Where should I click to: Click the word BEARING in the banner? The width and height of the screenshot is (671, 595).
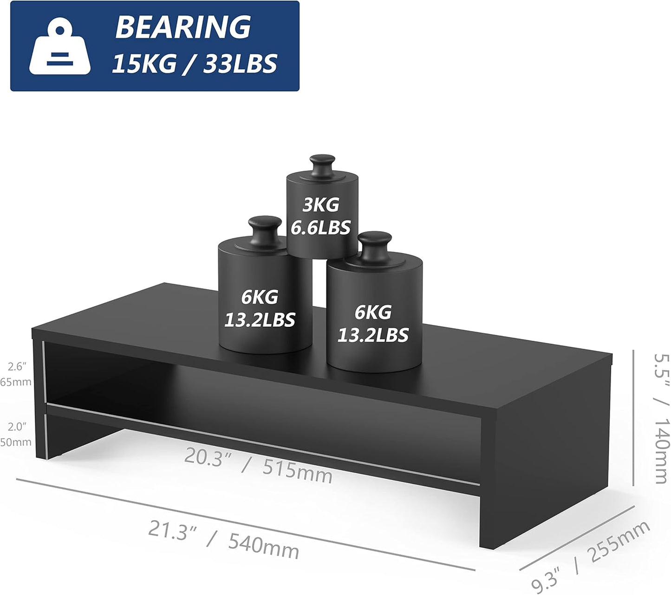[x=183, y=27]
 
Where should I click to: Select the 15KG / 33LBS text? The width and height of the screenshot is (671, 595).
[x=195, y=64]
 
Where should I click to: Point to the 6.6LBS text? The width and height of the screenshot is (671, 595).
[x=320, y=227]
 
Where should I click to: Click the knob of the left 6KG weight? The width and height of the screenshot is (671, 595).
[x=265, y=231]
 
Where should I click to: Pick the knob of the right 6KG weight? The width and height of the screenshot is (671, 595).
[x=375, y=246]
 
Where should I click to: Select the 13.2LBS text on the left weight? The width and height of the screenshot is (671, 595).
[x=260, y=320]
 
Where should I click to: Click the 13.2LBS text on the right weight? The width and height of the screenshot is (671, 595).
[x=373, y=335]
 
